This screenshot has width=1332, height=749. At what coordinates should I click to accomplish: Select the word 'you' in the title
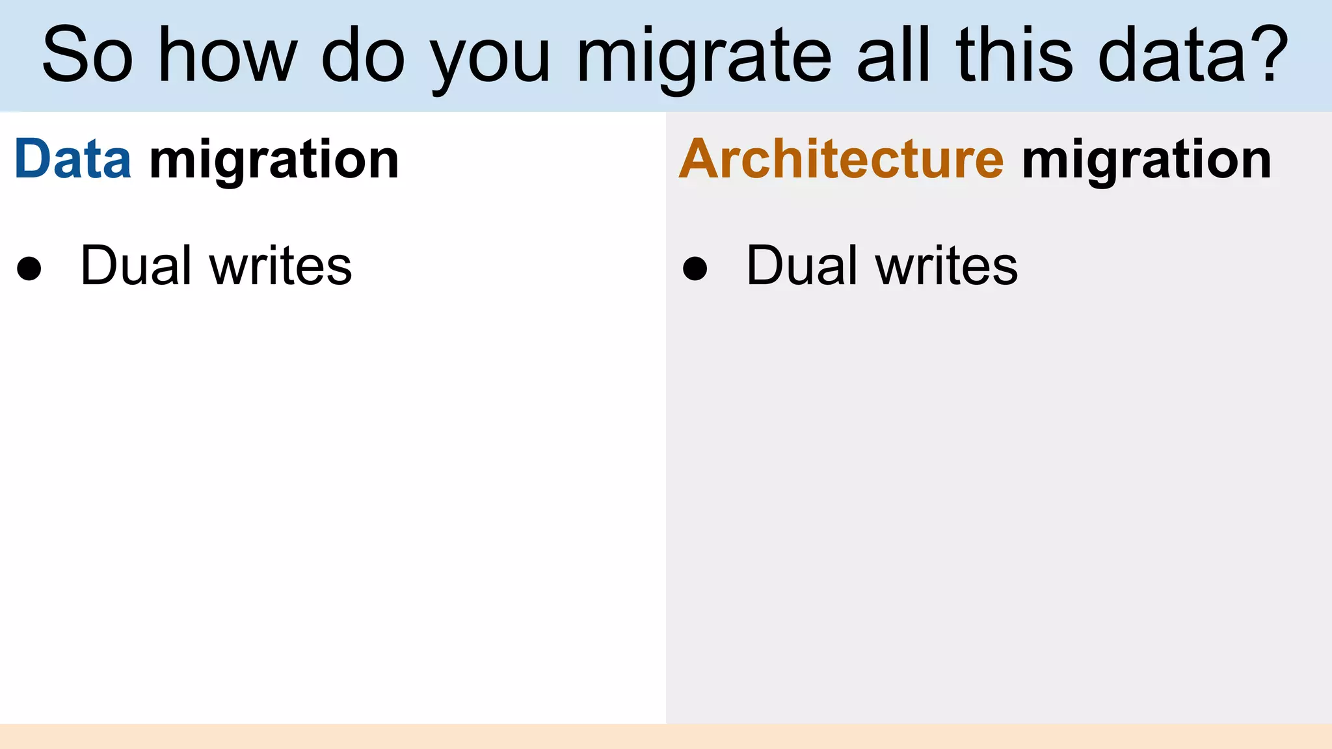click(x=491, y=62)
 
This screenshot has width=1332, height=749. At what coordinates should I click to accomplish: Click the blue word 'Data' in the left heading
click(x=73, y=159)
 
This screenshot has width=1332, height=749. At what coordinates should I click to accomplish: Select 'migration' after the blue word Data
click(x=274, y=161)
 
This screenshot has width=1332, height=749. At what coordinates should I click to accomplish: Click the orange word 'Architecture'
click(x=842, y=159)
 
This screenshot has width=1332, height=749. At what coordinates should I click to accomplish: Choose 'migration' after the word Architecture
click(x=1147, y=161)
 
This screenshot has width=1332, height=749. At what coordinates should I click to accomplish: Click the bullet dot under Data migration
click(x=29, y=269)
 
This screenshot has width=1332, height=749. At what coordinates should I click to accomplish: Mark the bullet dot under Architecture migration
click(x=695, y=269)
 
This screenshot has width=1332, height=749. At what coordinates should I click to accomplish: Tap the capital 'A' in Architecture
click(x=701, y=159)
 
